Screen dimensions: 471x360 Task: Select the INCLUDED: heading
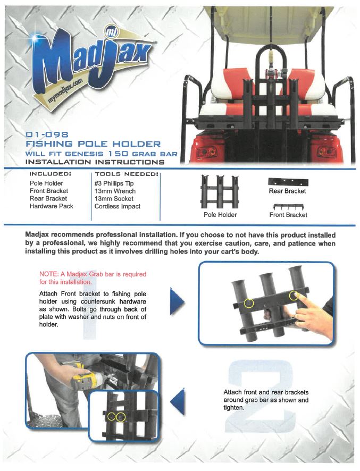click(x=50, y=174)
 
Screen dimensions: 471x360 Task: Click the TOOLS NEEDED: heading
click(x=127, y=174)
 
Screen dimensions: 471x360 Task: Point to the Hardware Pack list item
click(x=52, y=206)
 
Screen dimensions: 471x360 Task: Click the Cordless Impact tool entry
click(x=118, y=206)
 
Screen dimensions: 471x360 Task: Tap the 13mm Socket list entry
click(x=114, y=198)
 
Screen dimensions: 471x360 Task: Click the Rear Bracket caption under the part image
click(x=287, y=191)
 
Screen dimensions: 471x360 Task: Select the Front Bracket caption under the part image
click(x=288, y=215)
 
